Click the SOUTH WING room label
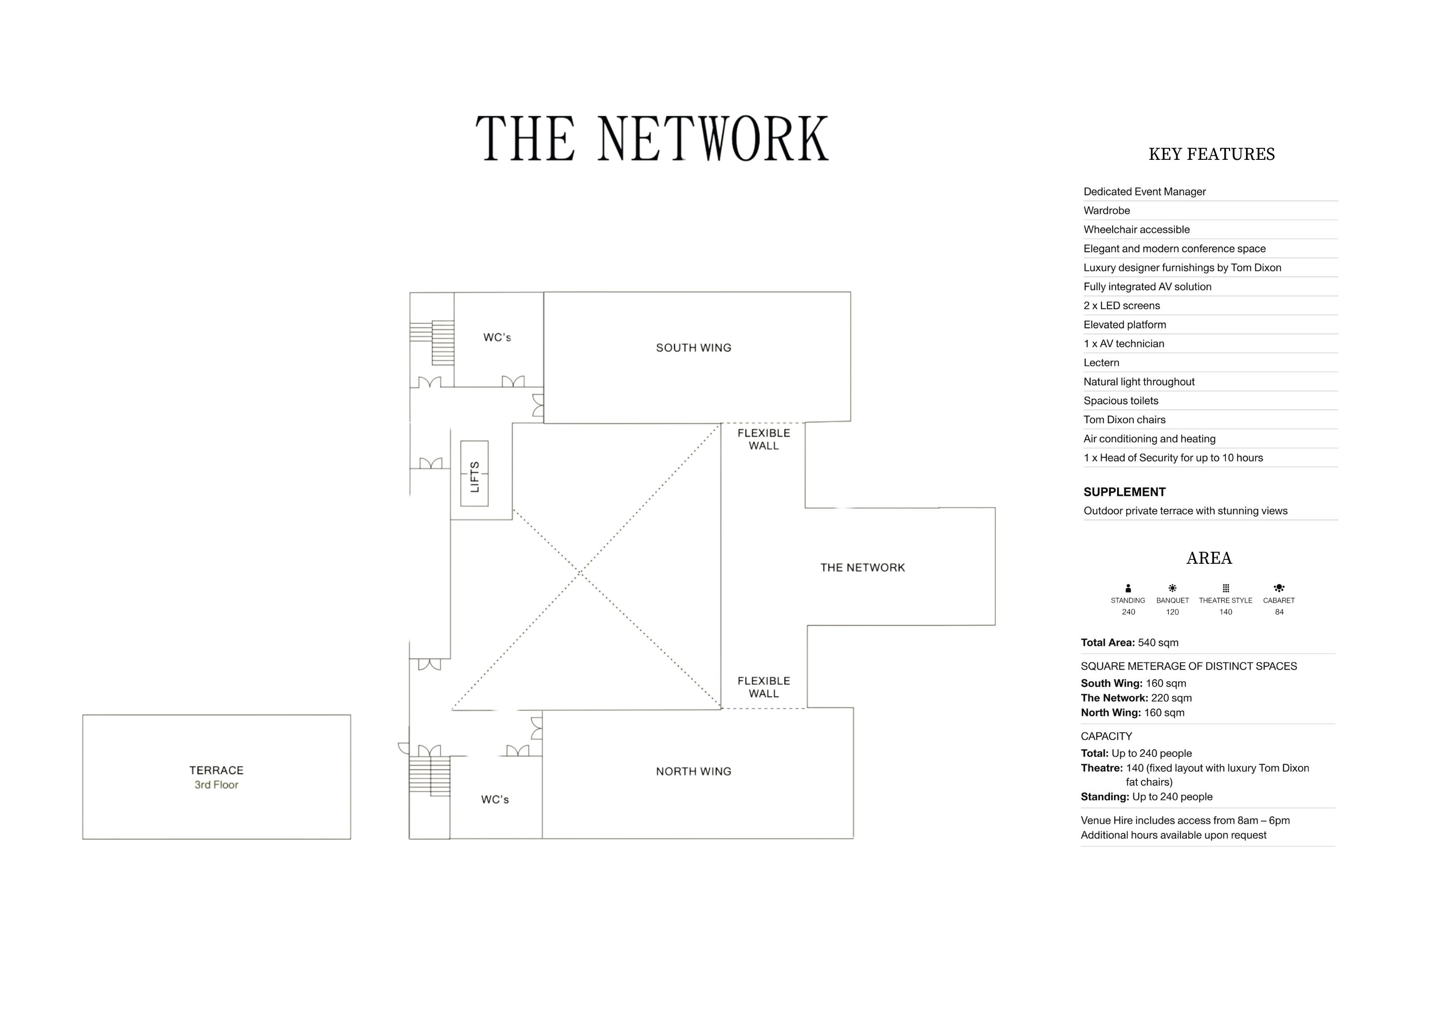(x=693, y=348)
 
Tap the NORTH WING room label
(x=693, y=771)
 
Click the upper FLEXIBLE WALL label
(x=764, y=439)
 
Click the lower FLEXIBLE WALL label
(x=764, y=687)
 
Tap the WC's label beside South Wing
(x=497, y=337)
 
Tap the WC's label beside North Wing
(x=495, y=799)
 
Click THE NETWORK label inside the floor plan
(x=862, y=568)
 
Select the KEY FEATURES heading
(x=1211, y=155)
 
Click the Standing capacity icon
(x=1128, y=588)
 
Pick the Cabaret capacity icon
(x=1279, y=588)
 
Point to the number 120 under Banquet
(x=1172, y=612)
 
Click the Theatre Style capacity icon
(x=1225, y=588)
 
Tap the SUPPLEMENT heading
(x=1124, y=492)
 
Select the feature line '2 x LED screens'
(x=1122, y=306)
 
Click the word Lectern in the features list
(x=1101, y=363)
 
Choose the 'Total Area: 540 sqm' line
(x=1129, y=643)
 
